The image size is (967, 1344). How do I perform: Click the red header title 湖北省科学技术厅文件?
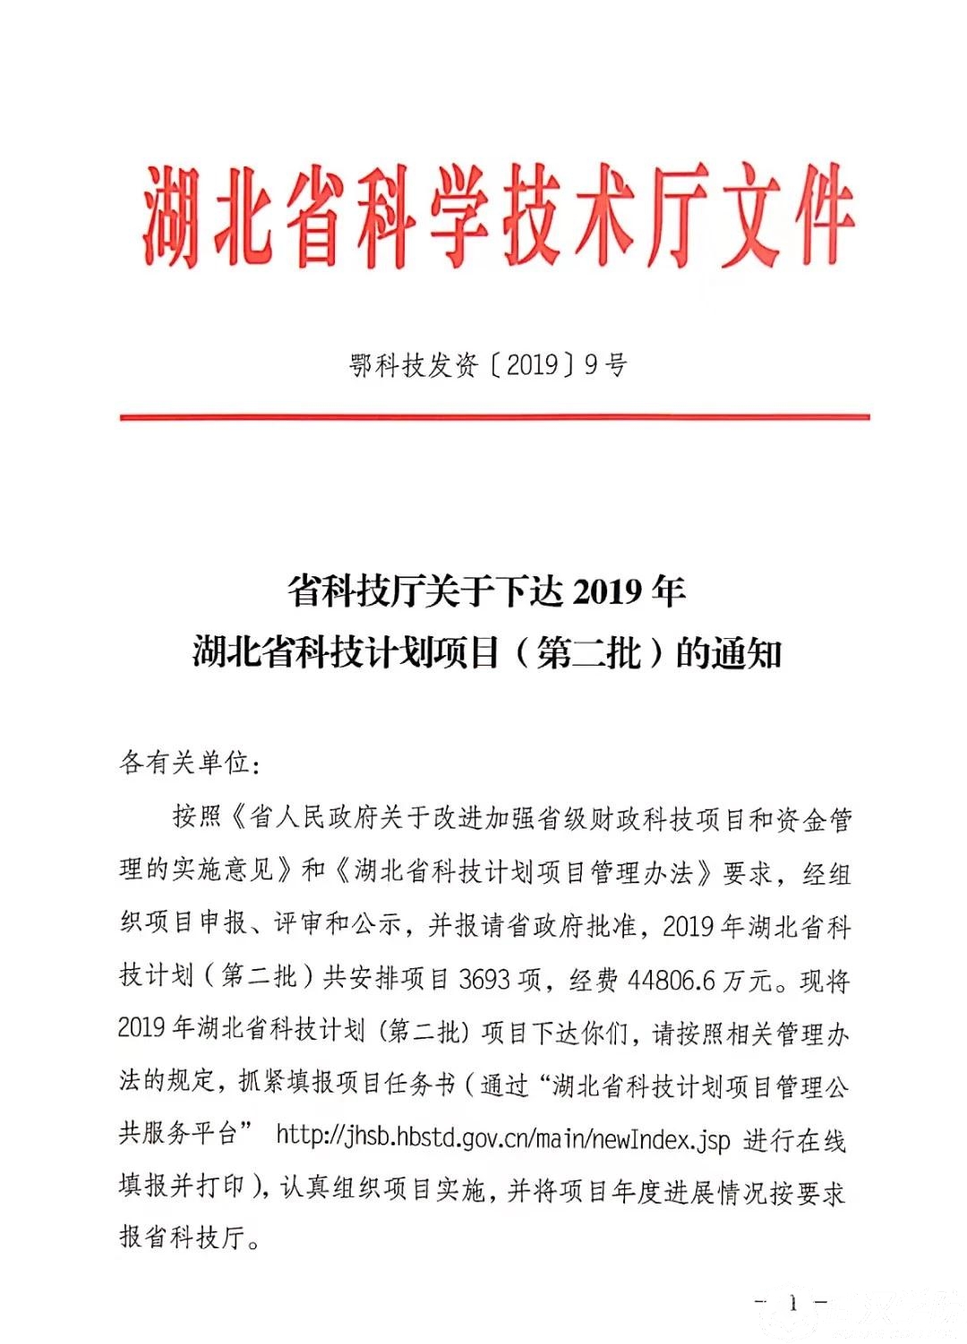point(497,215)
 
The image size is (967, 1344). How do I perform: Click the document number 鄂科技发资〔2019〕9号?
point(488,365)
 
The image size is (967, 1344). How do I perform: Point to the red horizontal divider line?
point(494,417)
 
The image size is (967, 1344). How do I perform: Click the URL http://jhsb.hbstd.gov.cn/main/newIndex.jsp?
point(502,1138)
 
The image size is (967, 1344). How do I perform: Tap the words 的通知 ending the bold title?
point(729,653)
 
